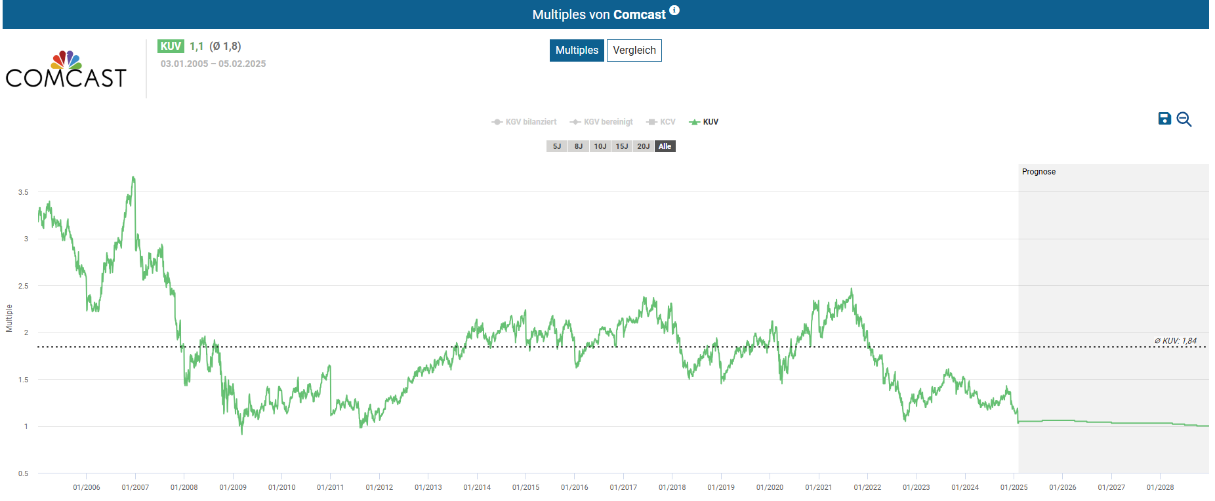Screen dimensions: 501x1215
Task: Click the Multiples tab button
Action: [577, 50]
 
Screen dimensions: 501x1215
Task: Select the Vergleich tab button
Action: [634, 50]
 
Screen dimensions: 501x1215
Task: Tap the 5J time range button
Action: [556, 146]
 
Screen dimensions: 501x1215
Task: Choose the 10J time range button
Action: [600, 146]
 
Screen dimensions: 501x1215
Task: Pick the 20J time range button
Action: [643, 146]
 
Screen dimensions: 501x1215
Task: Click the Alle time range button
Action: [665, 146]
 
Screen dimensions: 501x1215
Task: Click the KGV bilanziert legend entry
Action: [524, 122]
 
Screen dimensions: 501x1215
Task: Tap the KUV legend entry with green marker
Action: [704, 122]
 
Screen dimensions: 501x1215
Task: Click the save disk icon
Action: [1164, 119]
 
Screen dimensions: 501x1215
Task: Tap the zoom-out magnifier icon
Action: [1184, 119]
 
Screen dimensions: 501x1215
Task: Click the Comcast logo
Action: [66, 70]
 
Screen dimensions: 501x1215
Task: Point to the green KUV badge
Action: [171, 46]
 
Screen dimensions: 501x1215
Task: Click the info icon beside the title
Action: [674, 10]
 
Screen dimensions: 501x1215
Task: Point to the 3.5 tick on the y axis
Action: [24, 192]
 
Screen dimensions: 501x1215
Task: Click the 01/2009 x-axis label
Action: [233, 487]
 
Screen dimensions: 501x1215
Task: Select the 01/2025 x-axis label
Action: [1014, 487]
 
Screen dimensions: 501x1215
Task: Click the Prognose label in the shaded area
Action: [1039, 172]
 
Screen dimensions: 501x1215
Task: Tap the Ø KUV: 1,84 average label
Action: [1175, 341]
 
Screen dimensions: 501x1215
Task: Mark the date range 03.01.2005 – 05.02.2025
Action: [213, 64]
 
